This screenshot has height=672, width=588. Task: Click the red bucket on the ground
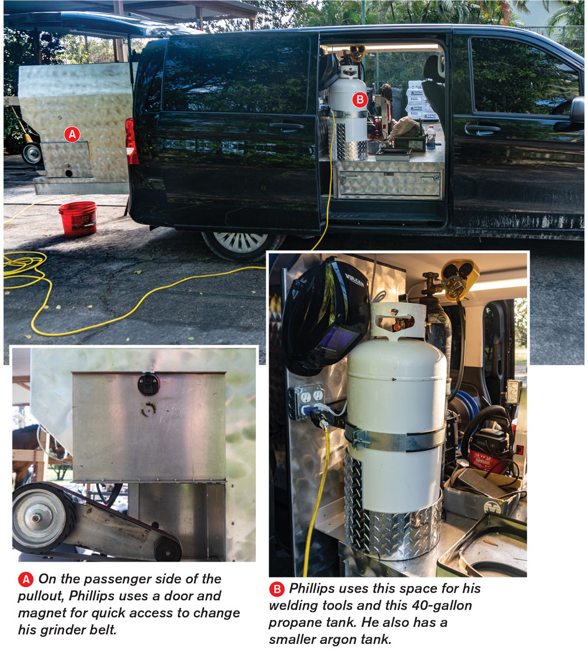(78, 219)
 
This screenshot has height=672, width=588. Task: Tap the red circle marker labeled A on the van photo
(72, 135)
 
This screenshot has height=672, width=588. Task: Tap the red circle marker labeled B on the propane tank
(360, 99)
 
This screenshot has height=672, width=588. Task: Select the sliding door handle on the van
(286, 126)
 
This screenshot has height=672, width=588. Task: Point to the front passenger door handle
(483, 128)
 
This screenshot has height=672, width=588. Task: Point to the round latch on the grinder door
(149, 383)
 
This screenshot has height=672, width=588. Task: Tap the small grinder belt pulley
(168, 549)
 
